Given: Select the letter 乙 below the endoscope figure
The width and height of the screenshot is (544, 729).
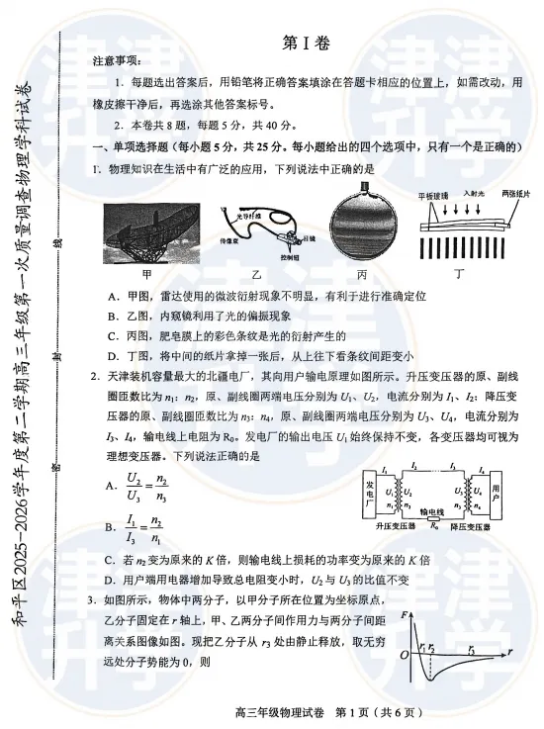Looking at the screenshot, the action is [x=255, y=272].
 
